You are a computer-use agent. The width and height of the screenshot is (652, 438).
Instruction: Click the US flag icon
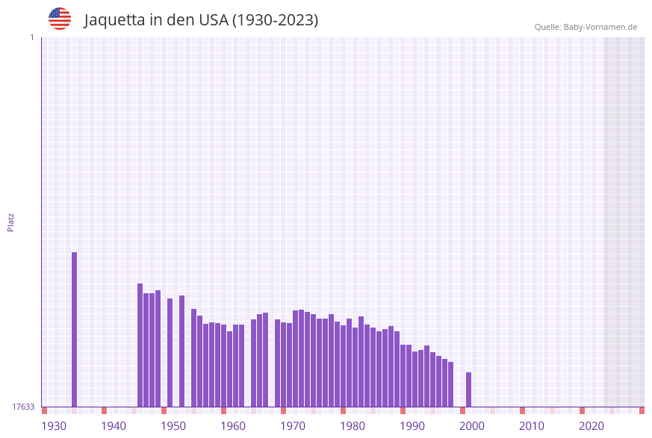point(60,19)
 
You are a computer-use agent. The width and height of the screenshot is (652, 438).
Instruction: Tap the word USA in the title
point(214,20)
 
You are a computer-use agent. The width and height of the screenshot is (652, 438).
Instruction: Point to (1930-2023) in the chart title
point(276,20)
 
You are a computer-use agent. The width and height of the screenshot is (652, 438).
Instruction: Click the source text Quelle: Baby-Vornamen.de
point(586,27)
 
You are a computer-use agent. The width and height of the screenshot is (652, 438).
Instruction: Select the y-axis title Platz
point(11,222)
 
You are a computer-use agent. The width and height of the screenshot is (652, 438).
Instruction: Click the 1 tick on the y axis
point(31,37)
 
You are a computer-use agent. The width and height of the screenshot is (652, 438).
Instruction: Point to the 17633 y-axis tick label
point(23,407)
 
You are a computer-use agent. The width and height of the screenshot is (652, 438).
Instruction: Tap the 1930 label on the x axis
point(54,426)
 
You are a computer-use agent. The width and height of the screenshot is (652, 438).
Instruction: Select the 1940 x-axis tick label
point(114,426)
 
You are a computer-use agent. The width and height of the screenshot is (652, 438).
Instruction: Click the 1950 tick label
point(173,426)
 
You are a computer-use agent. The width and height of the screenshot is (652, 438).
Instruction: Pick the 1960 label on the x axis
point(233,426)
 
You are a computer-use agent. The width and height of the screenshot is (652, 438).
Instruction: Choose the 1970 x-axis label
point(293,426)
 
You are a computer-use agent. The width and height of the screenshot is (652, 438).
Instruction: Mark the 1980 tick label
point(353,426)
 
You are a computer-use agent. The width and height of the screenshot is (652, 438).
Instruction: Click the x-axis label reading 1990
point(412,426)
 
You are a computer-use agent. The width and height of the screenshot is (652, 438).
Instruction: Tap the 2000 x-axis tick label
point(472,426)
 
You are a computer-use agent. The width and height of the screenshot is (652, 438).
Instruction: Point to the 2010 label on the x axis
point(532,426)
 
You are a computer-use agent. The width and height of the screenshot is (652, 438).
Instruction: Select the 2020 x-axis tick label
point(592,426)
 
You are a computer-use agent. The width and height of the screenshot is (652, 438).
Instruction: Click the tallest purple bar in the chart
point(75,329)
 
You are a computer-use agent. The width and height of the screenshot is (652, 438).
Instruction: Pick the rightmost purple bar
point(469,389)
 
